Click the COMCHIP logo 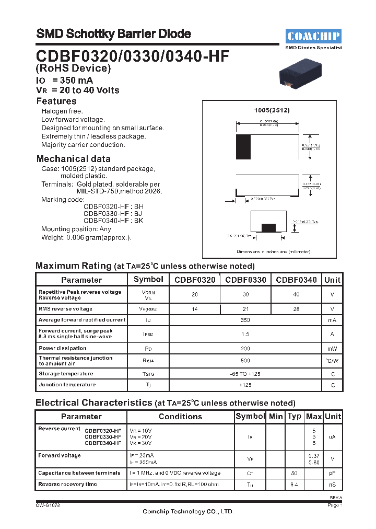coord(313,36)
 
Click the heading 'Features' coord(56,101)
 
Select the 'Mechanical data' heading coord(73,159)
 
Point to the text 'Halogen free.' coord(62,111)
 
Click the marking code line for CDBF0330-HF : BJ coord(113,213)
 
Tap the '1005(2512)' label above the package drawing coord(272,110)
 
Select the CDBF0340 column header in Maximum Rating coord(296,280)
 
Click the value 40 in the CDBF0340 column coord(296,295)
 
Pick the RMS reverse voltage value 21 coord(245,309)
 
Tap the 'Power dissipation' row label coord(63,348)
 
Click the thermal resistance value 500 coord(245,361)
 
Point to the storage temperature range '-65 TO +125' coord(245,374)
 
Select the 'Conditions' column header coord(180,417)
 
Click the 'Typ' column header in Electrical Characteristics coord(295,417)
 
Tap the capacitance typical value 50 coord(295,473)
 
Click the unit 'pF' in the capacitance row coord(332,473)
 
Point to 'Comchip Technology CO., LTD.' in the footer coord(188,512)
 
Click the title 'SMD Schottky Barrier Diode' coord(113,34)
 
